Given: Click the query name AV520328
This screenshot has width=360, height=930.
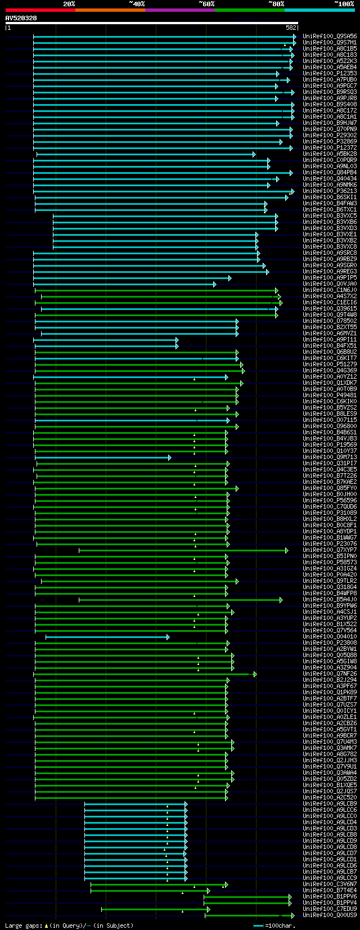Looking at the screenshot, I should coord(21,18).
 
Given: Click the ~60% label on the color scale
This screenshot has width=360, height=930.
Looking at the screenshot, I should coord(206,4).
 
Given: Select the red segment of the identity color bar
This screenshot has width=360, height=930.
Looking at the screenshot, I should coord(40,10).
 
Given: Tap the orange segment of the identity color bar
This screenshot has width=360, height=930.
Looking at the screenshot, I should coord(110,10).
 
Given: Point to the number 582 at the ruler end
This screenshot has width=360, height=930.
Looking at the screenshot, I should coord(291,27).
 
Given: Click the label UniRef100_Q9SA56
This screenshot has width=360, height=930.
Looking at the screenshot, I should coord(330,37).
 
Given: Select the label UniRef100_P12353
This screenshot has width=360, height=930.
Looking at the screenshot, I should coord(330,73).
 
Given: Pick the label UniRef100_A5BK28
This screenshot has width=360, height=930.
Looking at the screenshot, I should coord(330,154).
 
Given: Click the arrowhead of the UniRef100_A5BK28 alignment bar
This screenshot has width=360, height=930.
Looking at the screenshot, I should coord(254,154).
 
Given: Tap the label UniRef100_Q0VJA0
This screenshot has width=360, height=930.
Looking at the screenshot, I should coord(330,284).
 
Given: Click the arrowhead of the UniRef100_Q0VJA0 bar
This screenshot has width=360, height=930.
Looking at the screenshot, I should coord(214,284).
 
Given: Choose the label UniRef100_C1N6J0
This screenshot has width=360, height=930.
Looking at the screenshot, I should coord(330,290).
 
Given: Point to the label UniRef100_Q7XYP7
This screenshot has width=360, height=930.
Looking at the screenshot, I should coord(330,550).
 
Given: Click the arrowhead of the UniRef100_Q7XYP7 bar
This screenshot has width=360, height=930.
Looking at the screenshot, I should coord(286,550).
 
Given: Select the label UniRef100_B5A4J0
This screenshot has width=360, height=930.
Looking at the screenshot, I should coord(330,599).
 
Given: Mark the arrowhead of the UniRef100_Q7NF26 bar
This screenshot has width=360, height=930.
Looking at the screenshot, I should coord(255,674).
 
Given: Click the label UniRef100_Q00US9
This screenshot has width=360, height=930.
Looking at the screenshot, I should coord(330,915).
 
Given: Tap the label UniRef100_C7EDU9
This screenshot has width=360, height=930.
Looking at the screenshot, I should coord(330,909).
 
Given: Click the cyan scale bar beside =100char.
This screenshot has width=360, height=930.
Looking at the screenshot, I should coord(258,925).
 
